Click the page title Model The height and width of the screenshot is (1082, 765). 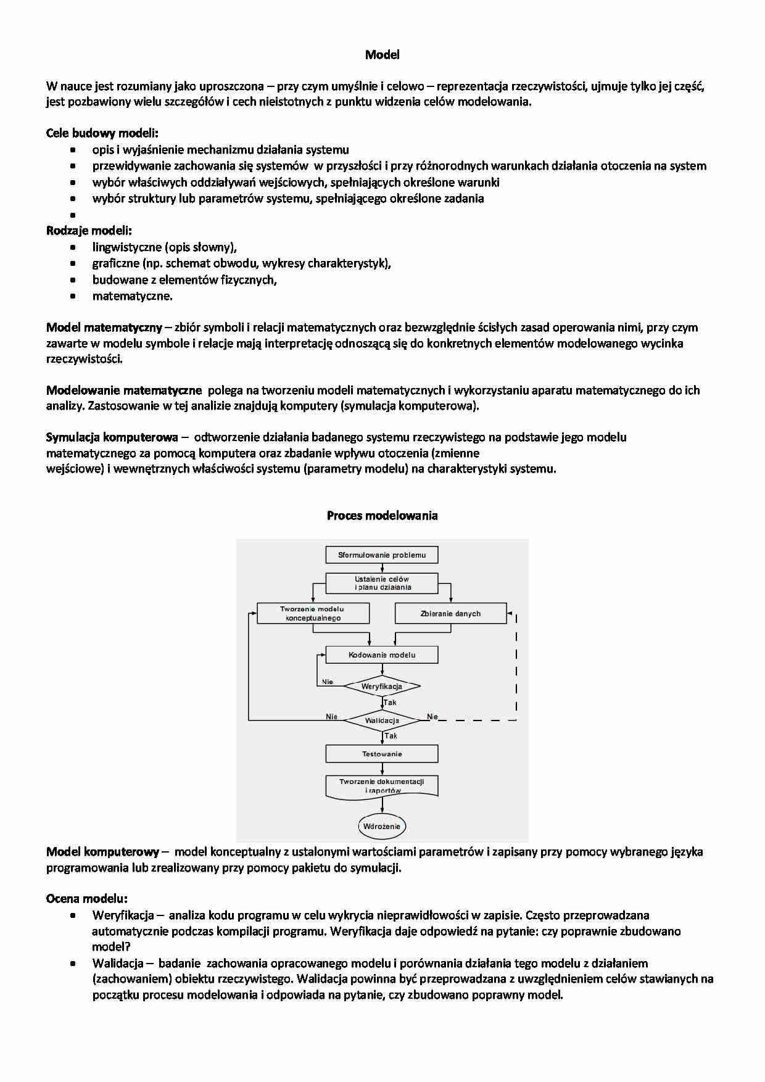[382, 55]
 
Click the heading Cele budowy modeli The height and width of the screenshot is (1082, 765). [102, 133]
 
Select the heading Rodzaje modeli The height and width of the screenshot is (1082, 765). [89, 231]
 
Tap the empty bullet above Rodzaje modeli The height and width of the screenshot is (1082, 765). [73, 215]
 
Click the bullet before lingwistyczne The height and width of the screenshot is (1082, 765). [73, 247]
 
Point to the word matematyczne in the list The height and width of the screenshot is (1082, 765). [132, 296]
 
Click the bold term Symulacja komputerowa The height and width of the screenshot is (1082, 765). [112, 437]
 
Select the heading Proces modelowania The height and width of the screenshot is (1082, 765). [382, 516]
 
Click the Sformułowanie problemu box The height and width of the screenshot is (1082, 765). [382, 555]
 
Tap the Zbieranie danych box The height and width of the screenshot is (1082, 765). [450, 613]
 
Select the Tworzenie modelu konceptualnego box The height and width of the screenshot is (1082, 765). [313, 613]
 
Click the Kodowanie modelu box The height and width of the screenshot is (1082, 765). [382, 655]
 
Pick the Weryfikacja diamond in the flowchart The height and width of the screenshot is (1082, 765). [382, 686]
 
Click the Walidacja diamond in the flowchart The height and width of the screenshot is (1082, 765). [382, 720]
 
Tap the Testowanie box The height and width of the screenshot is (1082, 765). [382, 754]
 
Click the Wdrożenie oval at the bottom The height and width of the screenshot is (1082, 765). [382, 826]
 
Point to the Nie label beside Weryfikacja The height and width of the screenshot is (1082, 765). [328, 682]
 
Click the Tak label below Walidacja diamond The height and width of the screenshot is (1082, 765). [391, 736]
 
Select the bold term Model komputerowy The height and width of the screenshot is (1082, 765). [102, 852]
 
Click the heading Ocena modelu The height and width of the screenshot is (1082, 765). [87, 899]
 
